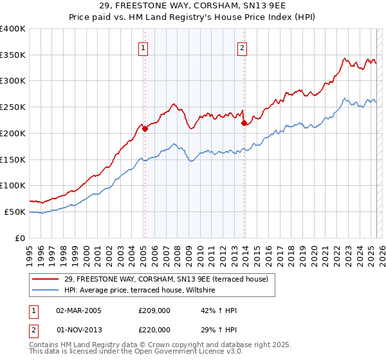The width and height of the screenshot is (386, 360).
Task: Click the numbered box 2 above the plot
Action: click(x=243, y=47)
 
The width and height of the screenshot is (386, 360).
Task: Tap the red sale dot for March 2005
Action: click(x=145, y=129)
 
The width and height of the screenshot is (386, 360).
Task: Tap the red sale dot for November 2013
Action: click(x=244, y=123)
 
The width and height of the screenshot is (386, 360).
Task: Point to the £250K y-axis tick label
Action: click(x=13, y=107)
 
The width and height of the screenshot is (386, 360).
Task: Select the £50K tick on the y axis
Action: click(x=15, y=212)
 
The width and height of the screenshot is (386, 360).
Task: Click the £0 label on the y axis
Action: click(x=21, y=238)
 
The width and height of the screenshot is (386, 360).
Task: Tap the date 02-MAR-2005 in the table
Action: click(x=78, y=310)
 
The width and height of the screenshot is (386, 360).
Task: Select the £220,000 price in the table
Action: click(x=154, y=328)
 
